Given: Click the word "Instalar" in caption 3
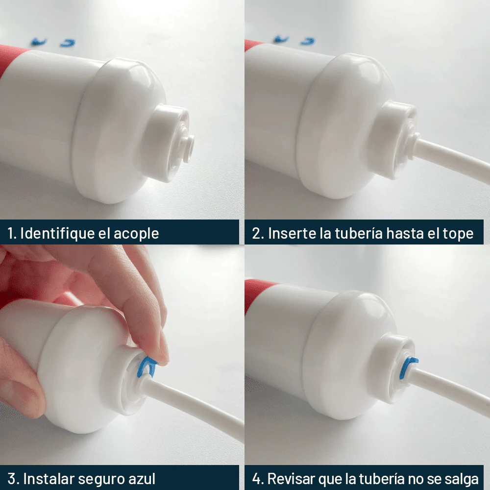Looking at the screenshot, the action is click(x=49, y=479).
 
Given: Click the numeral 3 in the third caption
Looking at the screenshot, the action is click(x=12, y=479).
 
